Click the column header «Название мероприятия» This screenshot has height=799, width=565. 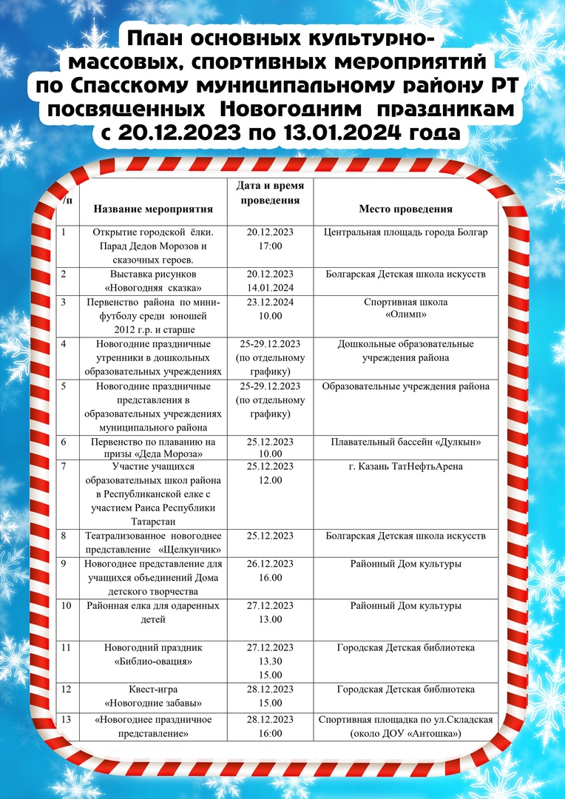153,209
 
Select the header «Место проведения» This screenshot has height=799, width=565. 406,209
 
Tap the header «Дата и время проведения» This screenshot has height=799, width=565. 270,192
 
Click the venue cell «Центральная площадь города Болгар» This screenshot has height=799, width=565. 406,232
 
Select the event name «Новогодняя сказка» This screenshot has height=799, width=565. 153,288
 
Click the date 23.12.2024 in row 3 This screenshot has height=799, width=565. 270,302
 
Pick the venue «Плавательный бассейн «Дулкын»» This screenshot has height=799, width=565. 406,442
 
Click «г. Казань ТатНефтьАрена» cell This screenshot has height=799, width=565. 406,466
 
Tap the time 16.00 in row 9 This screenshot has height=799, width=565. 270,578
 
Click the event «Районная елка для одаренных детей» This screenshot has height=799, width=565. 153,613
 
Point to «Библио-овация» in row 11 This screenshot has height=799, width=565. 153,661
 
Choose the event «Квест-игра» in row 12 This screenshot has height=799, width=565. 153,690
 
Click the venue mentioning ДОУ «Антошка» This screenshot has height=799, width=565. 406,733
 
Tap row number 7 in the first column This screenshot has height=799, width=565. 65,466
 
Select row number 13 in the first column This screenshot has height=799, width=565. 67,720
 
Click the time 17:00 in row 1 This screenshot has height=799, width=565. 270,246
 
